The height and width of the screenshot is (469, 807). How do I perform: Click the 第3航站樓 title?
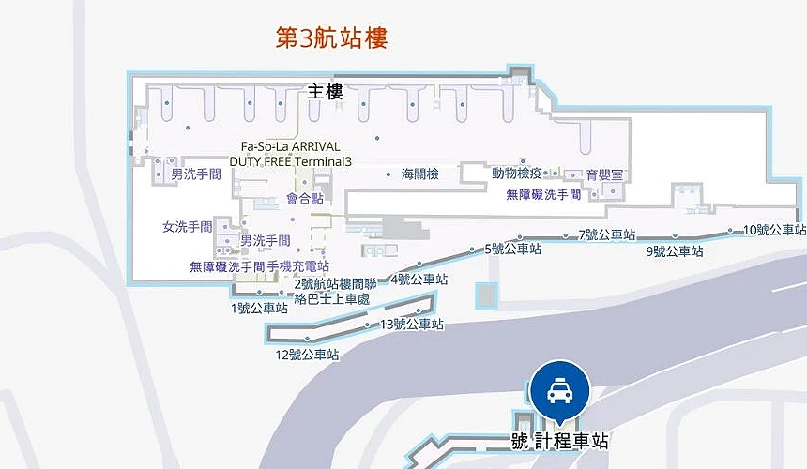pos(331,38)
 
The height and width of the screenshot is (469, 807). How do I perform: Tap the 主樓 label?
pos(325,92)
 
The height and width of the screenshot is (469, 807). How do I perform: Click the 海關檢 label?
pos(420,174)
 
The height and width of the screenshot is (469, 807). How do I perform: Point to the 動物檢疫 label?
pos(517,174)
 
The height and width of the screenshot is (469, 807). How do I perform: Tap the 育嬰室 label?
pos(604,175)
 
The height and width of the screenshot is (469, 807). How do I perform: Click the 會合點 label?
pos(305,199)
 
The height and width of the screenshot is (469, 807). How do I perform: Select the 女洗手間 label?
pos(188,227)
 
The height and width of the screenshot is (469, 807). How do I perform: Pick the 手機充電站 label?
pos(298,266)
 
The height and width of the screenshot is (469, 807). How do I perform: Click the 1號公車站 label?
pos(259,308)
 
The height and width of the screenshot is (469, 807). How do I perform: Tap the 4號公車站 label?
pos(419,280)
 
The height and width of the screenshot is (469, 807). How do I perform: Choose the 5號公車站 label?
pos(513,250)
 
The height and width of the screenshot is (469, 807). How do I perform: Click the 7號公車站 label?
pos(607,234)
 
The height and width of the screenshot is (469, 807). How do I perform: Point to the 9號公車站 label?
pos(675,251)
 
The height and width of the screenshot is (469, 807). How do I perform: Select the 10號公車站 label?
pos(774,230)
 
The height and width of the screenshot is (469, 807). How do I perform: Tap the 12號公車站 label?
pos(307,355)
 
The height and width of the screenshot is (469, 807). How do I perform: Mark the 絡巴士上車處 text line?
pos(331,299)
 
